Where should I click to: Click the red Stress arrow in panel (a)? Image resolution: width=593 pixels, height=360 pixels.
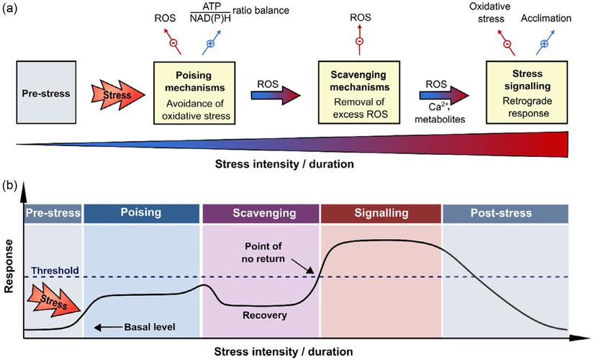pyautogui.click(x=114, y=94)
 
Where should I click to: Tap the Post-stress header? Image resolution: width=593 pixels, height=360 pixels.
pyautogui.click(x=504, y=213)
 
